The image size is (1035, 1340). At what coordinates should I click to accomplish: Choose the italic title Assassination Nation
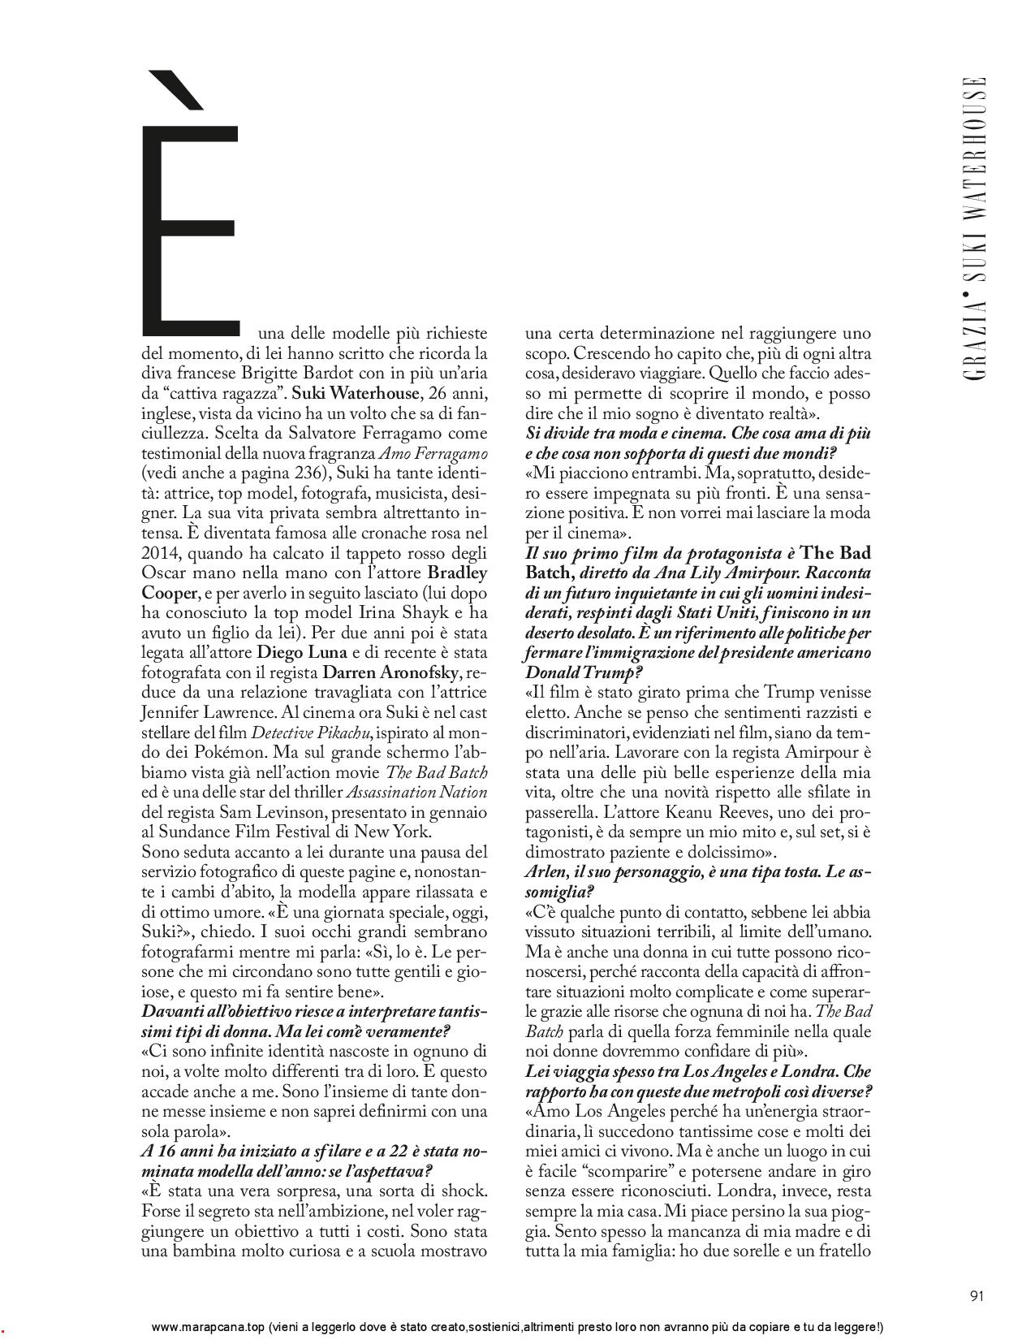tap(417, 792)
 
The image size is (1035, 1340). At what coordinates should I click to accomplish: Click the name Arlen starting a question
tap(546, 872)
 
